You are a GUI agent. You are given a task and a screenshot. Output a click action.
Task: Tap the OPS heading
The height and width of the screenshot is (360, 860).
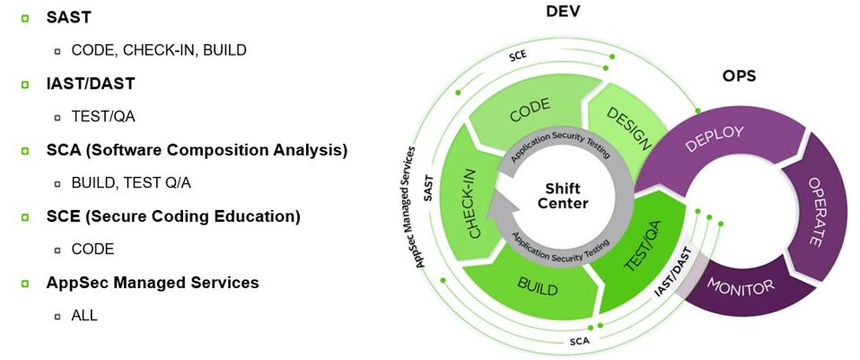[738, 76]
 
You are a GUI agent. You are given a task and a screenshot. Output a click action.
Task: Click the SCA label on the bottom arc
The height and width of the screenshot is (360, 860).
[579, 341]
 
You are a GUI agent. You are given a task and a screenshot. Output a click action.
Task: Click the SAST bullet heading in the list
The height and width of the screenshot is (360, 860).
[68, 17]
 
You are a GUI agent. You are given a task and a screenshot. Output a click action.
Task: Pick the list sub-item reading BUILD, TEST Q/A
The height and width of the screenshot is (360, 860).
[131, 183]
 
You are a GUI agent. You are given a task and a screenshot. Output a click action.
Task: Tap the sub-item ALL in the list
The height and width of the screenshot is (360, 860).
[84, 315]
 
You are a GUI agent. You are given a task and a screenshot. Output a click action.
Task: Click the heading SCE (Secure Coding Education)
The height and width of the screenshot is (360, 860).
[173, 216]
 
